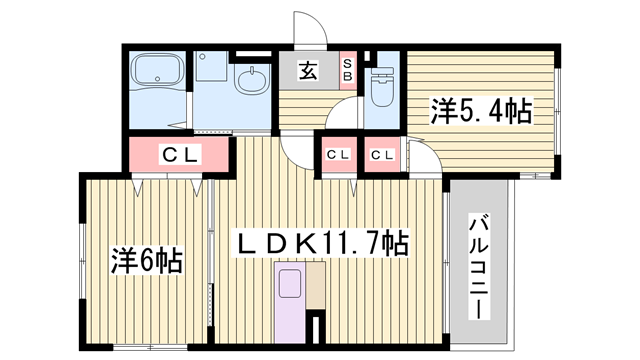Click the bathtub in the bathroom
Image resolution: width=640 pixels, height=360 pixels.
(158, 74)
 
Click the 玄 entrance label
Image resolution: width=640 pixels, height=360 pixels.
(308, 72)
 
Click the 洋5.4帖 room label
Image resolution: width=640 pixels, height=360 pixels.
(481, 109)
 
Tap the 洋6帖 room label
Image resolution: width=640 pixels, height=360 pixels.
(145, 262)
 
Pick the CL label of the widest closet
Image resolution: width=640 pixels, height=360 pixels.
(180, 154)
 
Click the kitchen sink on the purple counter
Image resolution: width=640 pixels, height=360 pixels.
(288, 283)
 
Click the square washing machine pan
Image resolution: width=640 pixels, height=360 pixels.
(211, 67)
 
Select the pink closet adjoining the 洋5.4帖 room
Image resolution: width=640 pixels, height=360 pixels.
(380, 155)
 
